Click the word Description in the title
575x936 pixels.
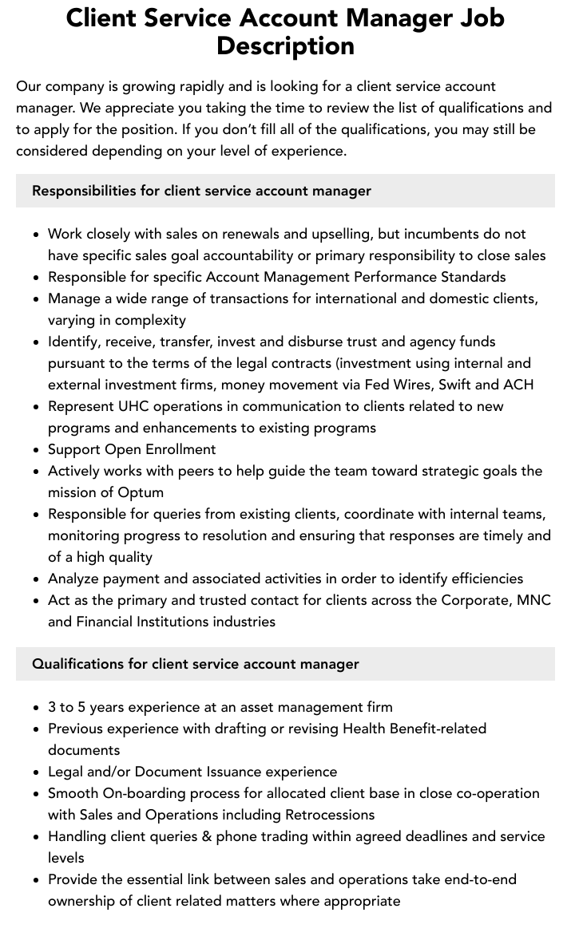pos(285,45)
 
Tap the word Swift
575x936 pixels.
pos(455,385)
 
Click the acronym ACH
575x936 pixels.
pos(518,385)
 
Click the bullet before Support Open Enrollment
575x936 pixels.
pos(36,450)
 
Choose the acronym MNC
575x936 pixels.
pos(533,600)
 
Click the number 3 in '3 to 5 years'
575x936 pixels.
pos(52,707)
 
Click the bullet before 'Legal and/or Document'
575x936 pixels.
pos(36,772)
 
